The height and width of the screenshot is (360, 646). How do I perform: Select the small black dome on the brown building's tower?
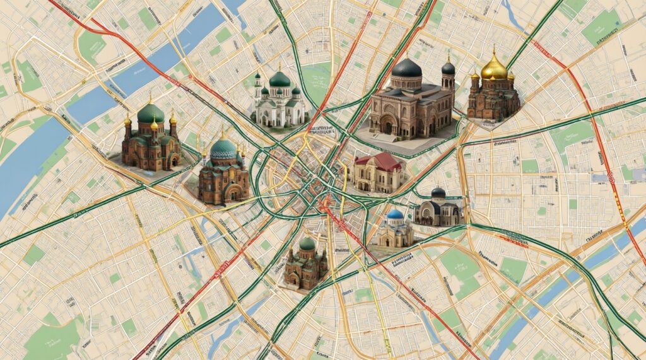[448, 67]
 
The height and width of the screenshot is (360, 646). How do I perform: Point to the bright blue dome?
[395, 215]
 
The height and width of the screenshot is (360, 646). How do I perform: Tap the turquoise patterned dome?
[223, 149]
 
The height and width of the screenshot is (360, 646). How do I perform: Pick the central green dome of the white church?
[279, 79]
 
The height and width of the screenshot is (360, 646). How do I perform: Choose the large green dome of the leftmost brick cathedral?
[150, 113]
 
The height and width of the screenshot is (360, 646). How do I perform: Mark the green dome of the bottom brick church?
[307, 243]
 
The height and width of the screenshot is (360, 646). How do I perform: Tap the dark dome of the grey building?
[438, 193]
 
